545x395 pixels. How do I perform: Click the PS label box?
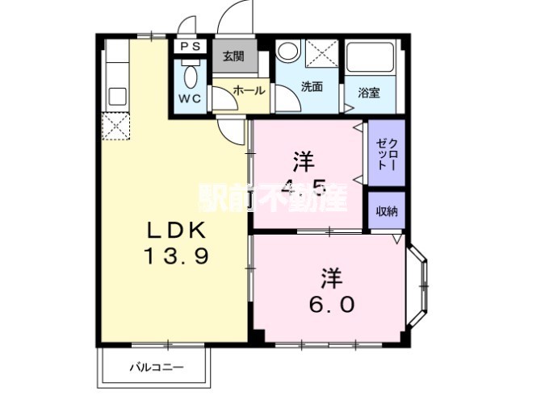[x=191, y=48]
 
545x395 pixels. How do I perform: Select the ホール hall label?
[x=245, y=91]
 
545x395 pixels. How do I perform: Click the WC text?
[x=190, y=99]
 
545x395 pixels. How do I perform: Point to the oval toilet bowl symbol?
[x=190, y=77]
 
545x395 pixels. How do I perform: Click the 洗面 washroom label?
[x=312, y=87]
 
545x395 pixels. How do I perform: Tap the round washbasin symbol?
[x=287, y=51]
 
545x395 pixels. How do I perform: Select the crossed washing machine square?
[x=321, y=54]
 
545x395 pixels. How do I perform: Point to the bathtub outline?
[x=371, y=60]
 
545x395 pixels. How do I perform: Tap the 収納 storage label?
[x=386, y=210]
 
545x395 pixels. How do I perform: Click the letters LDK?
[x=178, y=231]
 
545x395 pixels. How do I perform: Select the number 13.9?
[x=178, y=257]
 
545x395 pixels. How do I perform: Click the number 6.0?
[x=329, y=305]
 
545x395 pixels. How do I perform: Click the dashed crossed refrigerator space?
[x=115, y=127]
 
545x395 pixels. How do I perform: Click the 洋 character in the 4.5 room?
[x=304, y=161]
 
